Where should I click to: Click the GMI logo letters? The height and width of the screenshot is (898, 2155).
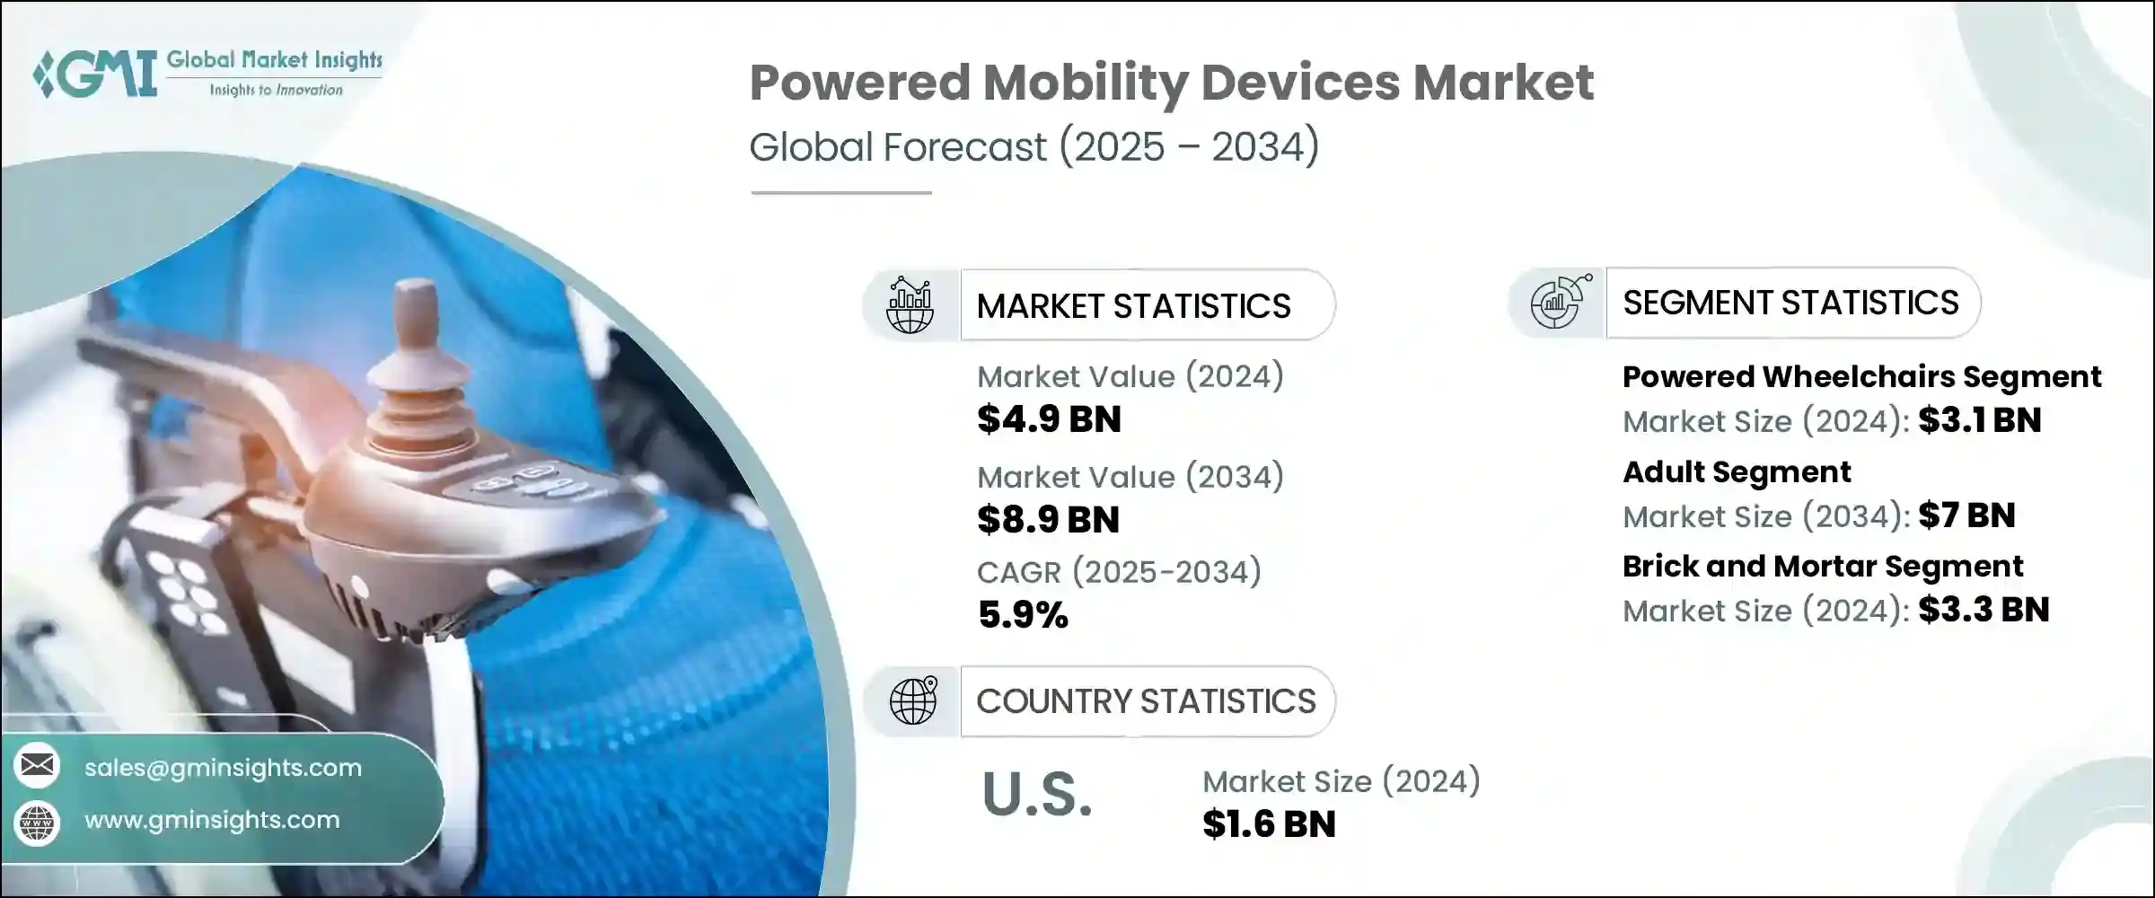tap(97, 74)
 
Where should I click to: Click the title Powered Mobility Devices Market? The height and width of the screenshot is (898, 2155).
tap(1171, 83)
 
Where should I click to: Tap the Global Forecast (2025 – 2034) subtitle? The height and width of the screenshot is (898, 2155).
tap(1034, 147)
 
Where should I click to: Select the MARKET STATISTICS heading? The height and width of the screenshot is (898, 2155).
tap(1133, 306)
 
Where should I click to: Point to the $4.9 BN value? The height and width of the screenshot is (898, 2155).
tap(1049, 419)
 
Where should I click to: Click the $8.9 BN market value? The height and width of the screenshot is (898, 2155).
tap(1048, 520)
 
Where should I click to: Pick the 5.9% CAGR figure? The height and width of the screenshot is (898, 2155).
tap(1023, 615)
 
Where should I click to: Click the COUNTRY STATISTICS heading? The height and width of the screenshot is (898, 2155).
tap(1146, 701)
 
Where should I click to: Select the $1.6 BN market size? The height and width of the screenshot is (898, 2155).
tap(1269, 824)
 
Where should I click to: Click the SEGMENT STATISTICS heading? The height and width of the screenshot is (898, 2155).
tap(1790, 304)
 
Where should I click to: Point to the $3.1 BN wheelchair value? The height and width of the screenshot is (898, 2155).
tap(1980, 420)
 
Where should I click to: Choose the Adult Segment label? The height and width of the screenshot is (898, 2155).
tap(1737, 472)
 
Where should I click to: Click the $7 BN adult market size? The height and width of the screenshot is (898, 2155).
tap(1966, 515)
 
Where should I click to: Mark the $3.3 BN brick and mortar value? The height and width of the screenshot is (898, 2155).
tap(1983, 611)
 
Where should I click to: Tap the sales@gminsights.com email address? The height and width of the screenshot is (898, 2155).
tap(223, 768)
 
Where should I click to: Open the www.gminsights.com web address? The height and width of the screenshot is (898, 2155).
tap(212, 820)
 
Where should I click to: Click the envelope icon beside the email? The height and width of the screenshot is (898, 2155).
tap(38, 765)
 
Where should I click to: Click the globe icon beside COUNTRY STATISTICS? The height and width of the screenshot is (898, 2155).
tap(912, 701)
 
